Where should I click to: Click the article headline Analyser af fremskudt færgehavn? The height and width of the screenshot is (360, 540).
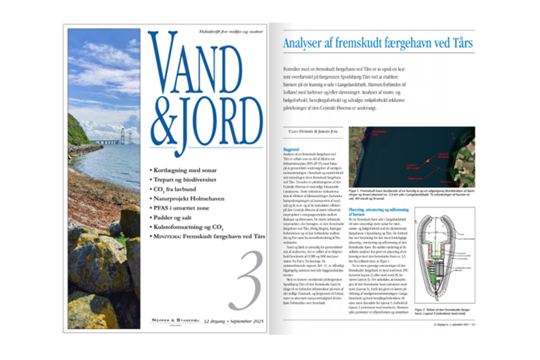[379, 44]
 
